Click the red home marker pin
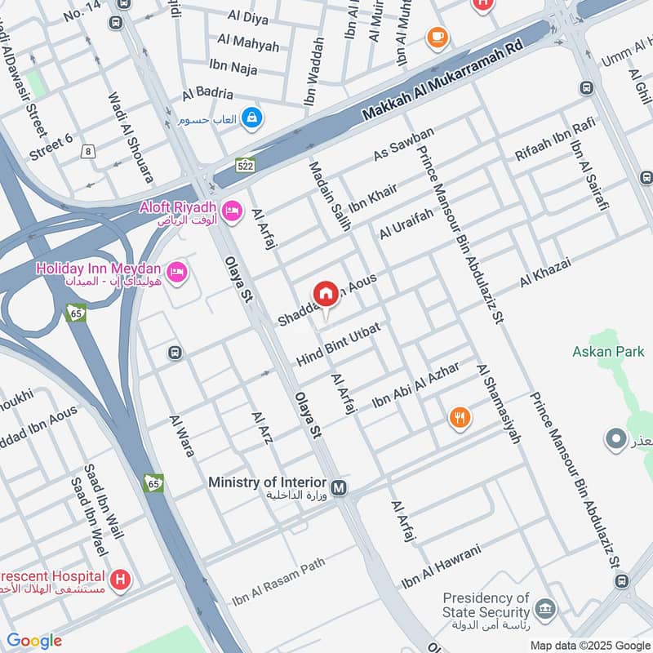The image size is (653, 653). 326,295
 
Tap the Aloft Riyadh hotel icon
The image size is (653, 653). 233,210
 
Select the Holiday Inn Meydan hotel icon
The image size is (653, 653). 175,270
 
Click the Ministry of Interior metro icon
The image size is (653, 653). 340,488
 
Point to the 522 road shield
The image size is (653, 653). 245,164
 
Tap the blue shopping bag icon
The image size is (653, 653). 252,118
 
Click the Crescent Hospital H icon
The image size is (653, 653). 121,580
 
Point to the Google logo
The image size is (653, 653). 34,641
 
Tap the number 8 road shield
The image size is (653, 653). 88,150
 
